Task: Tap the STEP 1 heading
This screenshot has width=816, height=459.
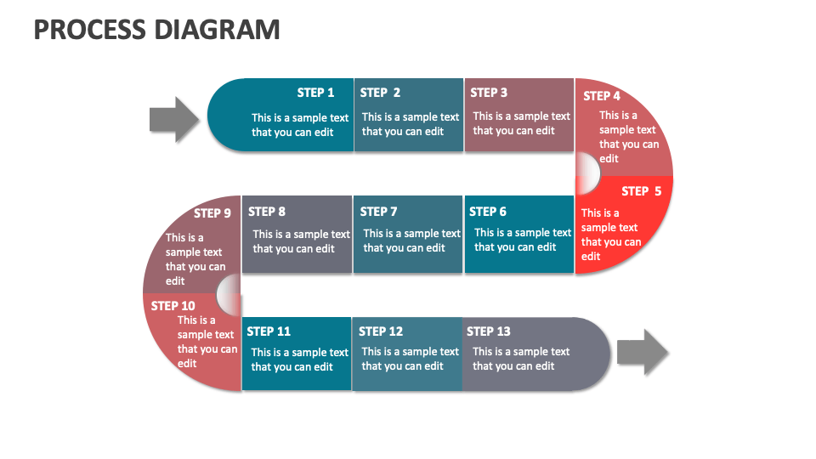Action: point(315,93)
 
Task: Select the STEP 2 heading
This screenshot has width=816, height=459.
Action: point(380,93)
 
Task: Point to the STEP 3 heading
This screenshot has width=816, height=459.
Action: point(489,93)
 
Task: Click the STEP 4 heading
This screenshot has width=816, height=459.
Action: point(602,96)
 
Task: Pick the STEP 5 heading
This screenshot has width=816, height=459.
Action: point(641,191)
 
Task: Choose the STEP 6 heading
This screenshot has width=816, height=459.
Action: point(488,212)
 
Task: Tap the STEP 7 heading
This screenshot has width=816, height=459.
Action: point(378,212)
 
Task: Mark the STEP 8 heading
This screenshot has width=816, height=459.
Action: point(267,212)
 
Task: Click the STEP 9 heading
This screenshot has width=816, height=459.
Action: point(212,213)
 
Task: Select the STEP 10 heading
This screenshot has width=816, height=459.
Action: point(173,306)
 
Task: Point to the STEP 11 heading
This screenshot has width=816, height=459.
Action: point(269,331)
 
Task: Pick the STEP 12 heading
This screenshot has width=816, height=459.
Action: point(381,331)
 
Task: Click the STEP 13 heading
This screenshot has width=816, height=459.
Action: point(489,331)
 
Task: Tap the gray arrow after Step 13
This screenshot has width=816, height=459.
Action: point(643,352)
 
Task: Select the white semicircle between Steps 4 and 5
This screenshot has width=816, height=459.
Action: point(588,173)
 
